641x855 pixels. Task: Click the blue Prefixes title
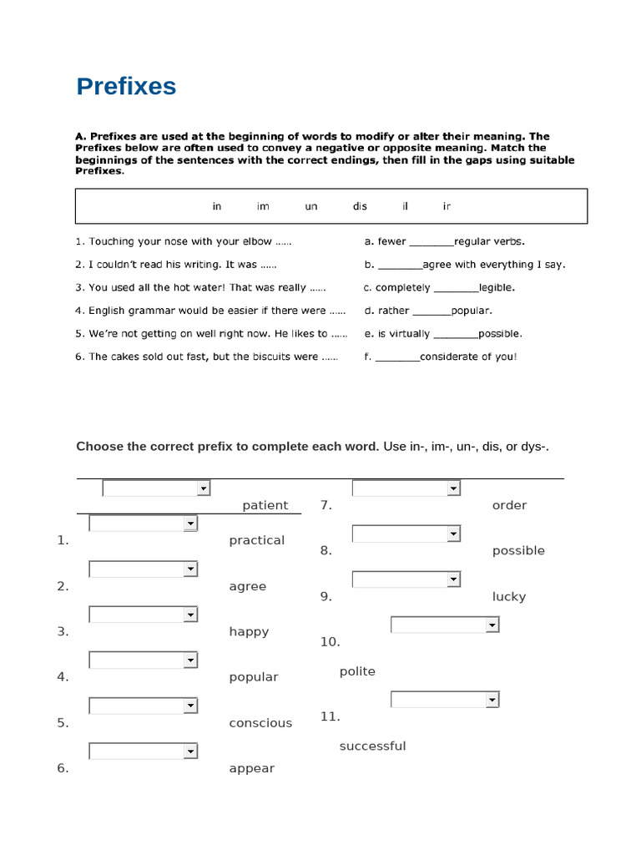[x=126, y=87]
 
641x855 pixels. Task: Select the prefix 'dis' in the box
[x=360, y=206]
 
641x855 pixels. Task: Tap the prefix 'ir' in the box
[x=447, y=206]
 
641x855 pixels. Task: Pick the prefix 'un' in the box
[x=311, y=206]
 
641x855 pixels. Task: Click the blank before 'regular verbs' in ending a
[x=431, y=242]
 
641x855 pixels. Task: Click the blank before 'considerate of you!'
[x=397, y=357]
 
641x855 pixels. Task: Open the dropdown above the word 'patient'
[x=156, y=488]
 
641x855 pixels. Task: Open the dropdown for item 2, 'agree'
[x=143, y=569]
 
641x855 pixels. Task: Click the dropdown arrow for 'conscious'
[x=191, y=706]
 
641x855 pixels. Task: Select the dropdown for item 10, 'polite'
[x=445, y=625]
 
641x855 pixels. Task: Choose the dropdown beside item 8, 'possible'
[x=406, y=534]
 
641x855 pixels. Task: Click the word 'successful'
[x=372, y=746]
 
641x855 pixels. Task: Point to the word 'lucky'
[x=509, y=596]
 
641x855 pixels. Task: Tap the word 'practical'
[x=256, y=540]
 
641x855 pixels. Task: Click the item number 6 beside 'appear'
[x=63, y=768]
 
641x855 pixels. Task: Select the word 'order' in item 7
[x=509, y=505]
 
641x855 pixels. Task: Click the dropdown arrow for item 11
[x=492, y=700]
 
